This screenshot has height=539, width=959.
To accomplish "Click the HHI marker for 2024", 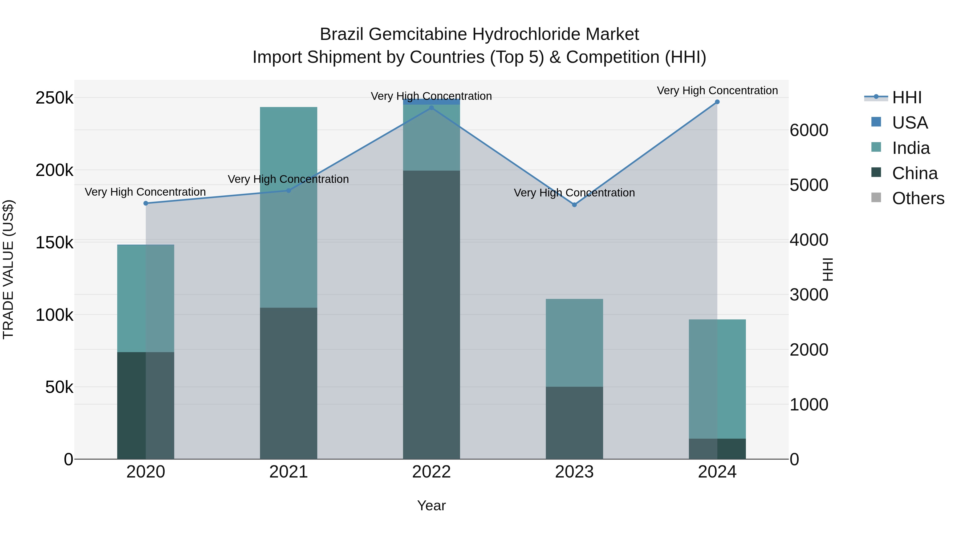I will (717, 102).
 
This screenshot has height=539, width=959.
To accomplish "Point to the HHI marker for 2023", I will (574, 205).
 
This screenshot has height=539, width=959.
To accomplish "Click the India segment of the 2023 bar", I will (574, 343).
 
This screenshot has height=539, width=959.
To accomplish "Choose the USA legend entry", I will (909, 123).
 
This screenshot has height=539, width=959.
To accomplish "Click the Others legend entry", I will (918, 198).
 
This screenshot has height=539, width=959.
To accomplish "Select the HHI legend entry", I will (907, 97).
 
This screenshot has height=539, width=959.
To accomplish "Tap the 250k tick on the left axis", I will (54, 98).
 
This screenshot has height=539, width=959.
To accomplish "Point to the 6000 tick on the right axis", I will (808, 130).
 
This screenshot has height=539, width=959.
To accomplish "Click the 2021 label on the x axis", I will (288, 472).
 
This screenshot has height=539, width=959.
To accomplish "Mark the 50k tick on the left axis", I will (59, 387).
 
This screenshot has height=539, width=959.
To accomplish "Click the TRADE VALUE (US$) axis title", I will (9, 269).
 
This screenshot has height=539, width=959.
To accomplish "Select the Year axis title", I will (431, 505).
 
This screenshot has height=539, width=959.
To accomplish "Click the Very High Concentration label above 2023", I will (574, 193).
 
